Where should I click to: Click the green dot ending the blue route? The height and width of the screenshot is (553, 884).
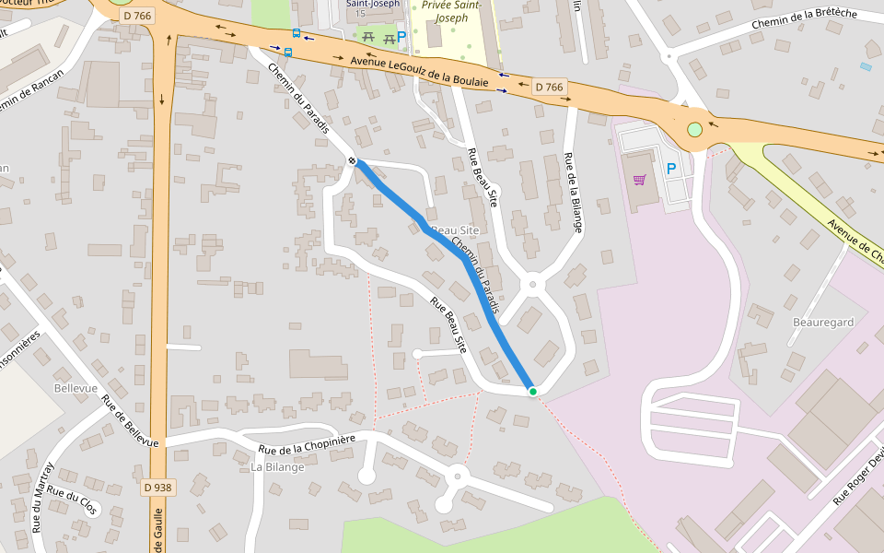pos(532,392)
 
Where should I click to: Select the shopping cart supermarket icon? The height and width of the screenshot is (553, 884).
pos(639,179)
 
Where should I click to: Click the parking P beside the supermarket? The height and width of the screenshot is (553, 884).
pos(671,169)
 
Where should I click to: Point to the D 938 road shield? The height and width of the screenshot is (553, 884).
pos(157,487)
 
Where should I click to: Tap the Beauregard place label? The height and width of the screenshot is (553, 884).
pos(823,323)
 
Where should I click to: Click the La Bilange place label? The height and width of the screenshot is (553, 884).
pos(277,467)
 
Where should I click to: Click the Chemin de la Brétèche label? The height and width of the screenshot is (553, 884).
pos(804,19)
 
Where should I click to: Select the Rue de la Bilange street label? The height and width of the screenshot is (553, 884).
pos(574,192)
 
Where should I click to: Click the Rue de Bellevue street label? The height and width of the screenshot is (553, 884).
pos(130,422)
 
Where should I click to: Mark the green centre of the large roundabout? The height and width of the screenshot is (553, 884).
pos(694,129)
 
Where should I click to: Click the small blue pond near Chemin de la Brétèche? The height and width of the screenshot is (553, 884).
pos(866,66)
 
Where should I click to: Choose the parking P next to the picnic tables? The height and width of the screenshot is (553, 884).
pos(401,37)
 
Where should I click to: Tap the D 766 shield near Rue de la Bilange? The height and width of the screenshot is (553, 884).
pos(549,88)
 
